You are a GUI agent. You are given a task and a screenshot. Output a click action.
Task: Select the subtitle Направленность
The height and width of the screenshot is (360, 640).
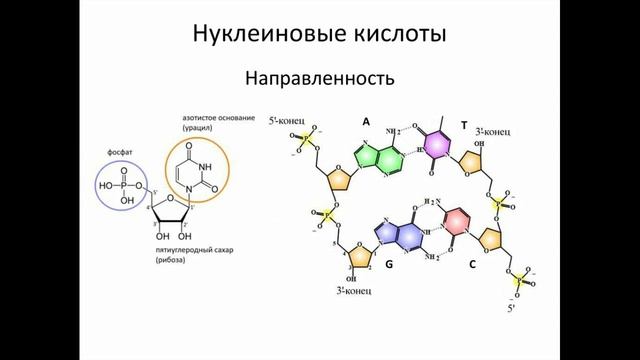pyautogui.click(x=320, y=76)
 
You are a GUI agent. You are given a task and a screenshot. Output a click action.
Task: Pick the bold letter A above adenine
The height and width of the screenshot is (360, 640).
pyautogui.click(x=366, y=121)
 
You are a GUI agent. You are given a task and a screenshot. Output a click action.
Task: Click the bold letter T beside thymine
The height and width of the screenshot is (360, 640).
pyautogui.click(x=464, y=125)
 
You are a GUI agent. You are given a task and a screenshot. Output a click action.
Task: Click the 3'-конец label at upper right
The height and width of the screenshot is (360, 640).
pyautogui.click(x=495, y=130)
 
